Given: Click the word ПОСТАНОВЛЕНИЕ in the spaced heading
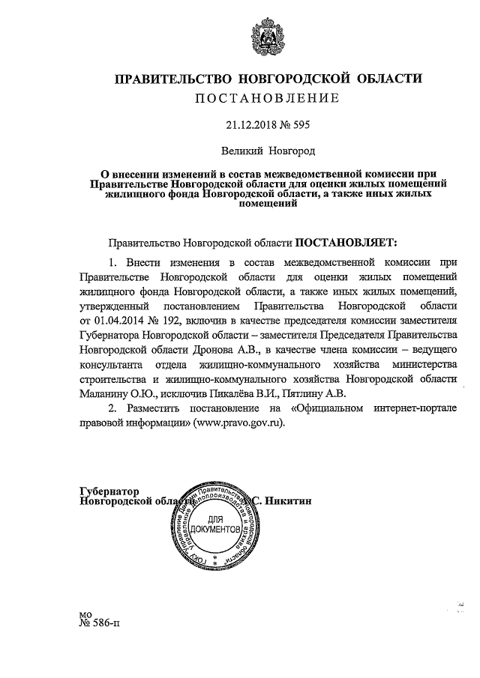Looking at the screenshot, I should [x=268, y=98].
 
